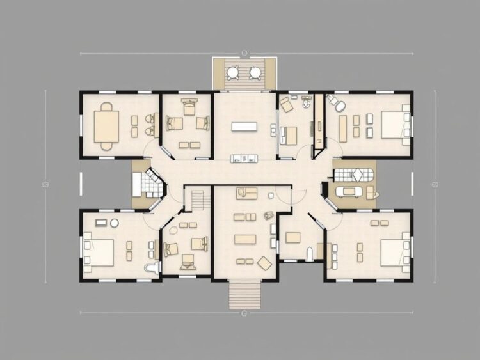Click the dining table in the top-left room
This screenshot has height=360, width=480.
pyautogui.click(x=107, y=125)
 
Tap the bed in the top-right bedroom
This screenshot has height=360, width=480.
pyautogui.click(x=393, y=124)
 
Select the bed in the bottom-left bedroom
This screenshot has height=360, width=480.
pyautogui.click(x=99, y=251)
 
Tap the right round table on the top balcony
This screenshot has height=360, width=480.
pyautogui.click(x=255, y=71)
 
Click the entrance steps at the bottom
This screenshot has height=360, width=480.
pyautogui.click(x=245, y=293)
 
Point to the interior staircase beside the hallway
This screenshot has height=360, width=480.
pyautogui.click(x=200, y=199)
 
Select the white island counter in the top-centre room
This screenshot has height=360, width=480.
pyautogui.click(x=244, y=127)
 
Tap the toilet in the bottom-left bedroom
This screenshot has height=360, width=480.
pyautogui.click(x=152, y=267)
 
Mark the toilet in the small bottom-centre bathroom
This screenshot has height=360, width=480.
pyautogui.click(x=309, y=253)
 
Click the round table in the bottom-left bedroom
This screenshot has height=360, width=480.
pyautogui.click(x=115, y=223)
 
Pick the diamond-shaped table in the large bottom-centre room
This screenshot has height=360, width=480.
pyautogui.click(x=264, y=262)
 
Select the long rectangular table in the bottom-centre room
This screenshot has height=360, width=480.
pyautogui.click(x=245, y=239)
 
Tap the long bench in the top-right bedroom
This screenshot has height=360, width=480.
pyautogui.click(x=343, y=126)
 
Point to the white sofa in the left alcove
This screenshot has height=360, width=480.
pyautogui.click(x=137, y=184)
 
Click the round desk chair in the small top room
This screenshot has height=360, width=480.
pyautogui.click(x=307, y=102)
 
